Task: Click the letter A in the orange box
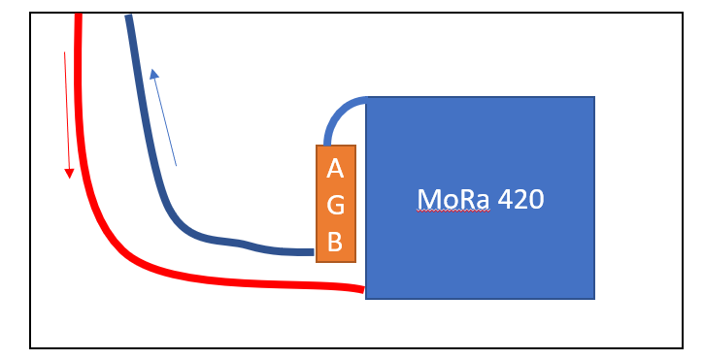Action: point(335,169)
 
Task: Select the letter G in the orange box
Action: point(336,205)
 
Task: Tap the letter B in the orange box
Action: point(335,242)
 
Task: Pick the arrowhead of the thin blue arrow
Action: point(153,74)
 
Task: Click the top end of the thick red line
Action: point(79,16)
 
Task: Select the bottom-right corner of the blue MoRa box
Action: point(593,298)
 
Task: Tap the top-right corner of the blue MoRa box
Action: point(593,97)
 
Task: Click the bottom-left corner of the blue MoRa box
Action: point(366,298)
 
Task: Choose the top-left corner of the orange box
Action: point(318,146)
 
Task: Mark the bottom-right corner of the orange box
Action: point(355,261)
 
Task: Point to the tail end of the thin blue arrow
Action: point(176,165)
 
